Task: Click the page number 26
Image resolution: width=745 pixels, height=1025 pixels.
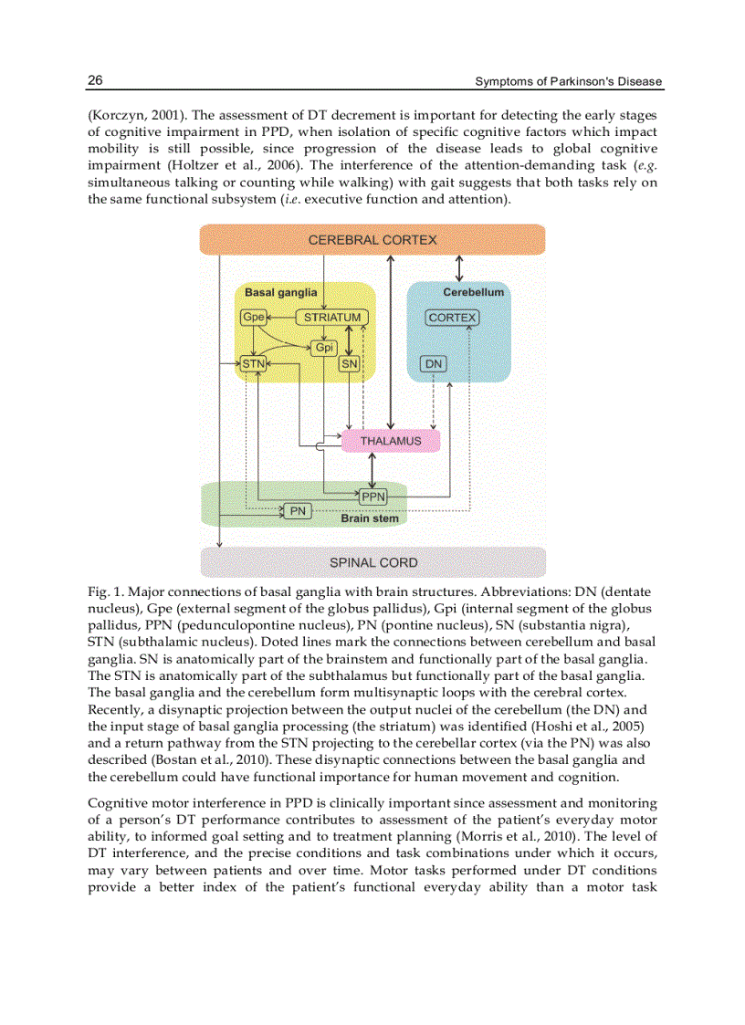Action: [95, 80]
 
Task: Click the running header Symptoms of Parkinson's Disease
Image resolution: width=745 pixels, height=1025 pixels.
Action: [568, 82]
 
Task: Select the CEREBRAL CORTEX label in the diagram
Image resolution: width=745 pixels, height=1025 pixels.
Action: [372, 240]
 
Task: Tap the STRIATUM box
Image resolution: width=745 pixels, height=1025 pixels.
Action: [332, 318]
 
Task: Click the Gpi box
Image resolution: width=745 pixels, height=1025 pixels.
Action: [324, 348]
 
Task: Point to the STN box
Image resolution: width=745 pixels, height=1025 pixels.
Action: [253, 363]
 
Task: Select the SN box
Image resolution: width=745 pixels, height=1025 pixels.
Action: [349, 363]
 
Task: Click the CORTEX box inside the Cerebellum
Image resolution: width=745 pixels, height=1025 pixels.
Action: [452, 318]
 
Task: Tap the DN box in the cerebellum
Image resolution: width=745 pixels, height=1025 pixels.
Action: [434, 363]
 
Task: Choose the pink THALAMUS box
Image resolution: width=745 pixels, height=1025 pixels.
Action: [391, 441]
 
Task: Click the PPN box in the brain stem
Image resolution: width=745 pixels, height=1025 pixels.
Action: [372, 497]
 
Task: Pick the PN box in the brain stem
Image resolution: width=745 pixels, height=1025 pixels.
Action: [298, 511]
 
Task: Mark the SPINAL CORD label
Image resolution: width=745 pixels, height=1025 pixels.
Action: [372, 562]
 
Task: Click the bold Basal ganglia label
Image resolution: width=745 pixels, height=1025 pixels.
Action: [281, 292]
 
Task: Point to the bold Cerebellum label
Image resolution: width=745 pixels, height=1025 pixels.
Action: [473, 292]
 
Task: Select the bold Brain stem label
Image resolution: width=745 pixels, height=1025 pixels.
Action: [370, 518]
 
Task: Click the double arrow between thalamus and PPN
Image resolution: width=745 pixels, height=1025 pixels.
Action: [372, 470]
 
